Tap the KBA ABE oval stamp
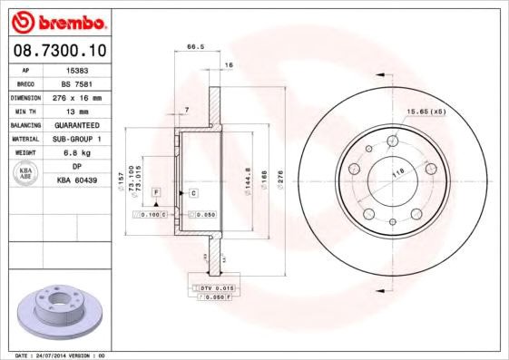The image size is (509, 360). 27,172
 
